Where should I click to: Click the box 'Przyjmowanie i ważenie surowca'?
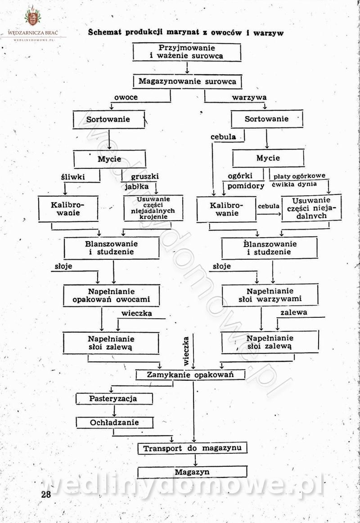coord(187,52)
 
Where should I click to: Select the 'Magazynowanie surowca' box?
coord(187,81)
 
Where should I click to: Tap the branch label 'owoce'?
coord(126,97)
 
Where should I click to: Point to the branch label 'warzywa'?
coord(249,97)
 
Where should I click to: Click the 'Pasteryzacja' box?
coord(114,399)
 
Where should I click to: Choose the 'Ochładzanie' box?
coord(114,423)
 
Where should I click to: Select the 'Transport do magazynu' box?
coord(192,448)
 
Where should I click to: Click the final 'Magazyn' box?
coord(192,472)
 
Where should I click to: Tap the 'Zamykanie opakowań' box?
coord(190,374)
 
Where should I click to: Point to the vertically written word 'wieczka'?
coord(186,351)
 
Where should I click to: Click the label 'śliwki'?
coord(73,177)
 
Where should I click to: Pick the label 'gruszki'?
coord(144,176)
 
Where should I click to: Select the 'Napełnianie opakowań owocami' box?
coord(111,296)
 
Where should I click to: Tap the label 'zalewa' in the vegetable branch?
coord(294,312)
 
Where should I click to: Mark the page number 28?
coord(46,494)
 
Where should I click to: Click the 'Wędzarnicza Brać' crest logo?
coord(33,17)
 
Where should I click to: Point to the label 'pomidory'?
coord(246,186)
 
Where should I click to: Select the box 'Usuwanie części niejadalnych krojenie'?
coord(153,208)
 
